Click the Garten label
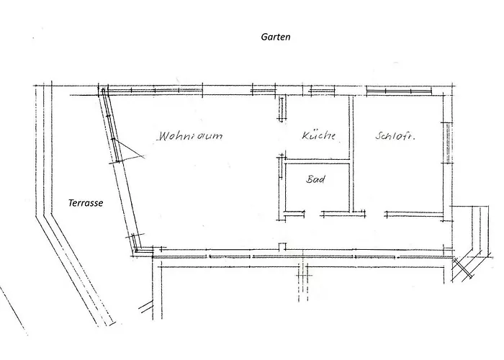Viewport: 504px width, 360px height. [x=276, y=37]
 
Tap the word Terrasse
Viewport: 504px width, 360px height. [x=86, y=203]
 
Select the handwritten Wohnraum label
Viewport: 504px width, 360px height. [x=190, y=135]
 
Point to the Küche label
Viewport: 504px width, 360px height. [x=318, y=135]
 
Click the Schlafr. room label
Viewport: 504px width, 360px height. [x=395, y=136]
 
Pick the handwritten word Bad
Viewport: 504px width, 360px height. [x=315, y=179]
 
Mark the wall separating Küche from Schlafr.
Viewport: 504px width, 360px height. [x=351, y=153]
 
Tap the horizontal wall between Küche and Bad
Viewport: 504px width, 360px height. [x=317, y=162]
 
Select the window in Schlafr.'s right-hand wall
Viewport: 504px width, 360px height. [x=447, y=143]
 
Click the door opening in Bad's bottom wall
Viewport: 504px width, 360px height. [x=312, y=214]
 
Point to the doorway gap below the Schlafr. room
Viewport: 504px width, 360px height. [x=375, y=214]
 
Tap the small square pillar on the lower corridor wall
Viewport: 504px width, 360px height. [x=282, y=246]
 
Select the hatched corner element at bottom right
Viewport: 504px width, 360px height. [x=463, y=269]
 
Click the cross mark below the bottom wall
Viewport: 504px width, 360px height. [x=302, y=276]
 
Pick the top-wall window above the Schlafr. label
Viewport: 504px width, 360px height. [x=399, y=90]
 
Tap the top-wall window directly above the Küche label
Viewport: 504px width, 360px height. [x=322, y=90]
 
